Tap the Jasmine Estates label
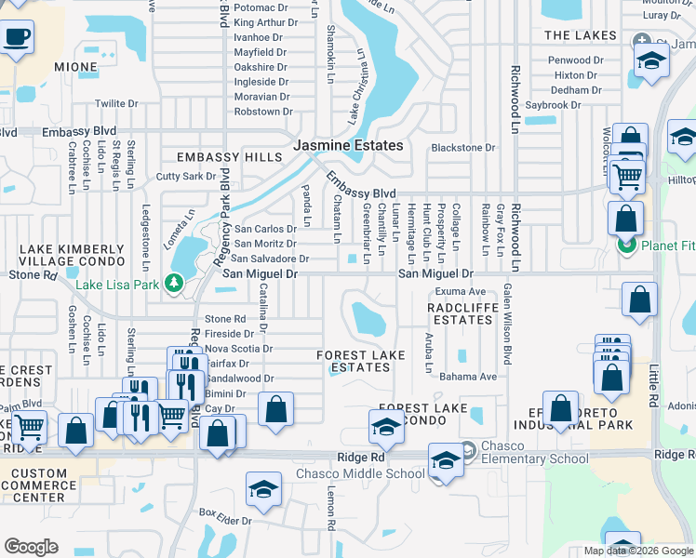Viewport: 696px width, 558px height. point(349,146)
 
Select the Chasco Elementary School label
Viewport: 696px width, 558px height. point(535,458)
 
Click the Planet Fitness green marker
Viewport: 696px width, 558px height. point(626,245)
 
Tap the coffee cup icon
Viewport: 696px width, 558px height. point(17,38)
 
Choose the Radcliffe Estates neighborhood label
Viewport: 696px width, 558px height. point(462,312)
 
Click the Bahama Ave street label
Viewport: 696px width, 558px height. point(468,377)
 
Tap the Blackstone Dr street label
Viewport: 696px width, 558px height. point(463,148)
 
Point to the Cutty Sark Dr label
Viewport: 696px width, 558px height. point(186,176)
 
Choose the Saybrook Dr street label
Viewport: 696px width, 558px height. point(553,105)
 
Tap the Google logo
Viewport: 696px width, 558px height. point(30,547)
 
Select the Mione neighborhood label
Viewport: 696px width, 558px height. point(75,67)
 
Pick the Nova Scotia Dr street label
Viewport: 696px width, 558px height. point(239,349)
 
